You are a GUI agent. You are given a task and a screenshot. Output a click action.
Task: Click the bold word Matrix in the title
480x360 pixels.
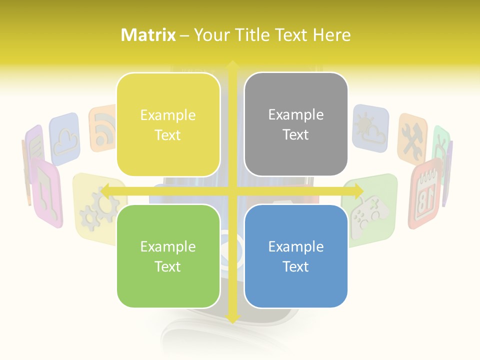148,35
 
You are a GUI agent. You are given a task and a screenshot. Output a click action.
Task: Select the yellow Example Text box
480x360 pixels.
168,124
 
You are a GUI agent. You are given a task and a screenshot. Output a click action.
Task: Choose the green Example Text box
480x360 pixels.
168,256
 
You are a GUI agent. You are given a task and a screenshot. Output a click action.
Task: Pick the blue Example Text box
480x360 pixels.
296,256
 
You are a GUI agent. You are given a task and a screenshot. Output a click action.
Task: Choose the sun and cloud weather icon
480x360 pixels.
370,127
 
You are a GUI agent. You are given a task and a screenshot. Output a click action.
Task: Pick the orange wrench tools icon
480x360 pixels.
412,139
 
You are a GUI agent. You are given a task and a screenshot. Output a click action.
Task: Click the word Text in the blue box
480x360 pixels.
296,266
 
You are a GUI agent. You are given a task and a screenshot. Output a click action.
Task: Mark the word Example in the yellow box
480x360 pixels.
168,115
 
